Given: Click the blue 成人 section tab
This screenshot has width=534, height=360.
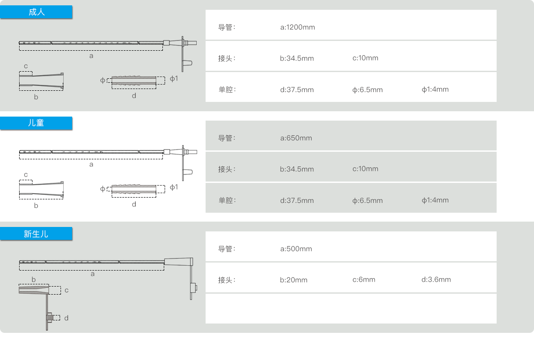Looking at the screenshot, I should pyautogui.click(x=36, y=12).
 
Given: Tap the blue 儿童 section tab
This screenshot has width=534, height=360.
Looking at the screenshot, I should pyautogui.click(x=36, y=123).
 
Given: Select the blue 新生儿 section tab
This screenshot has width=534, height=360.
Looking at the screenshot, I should pyautogui.click(x=36, y=234).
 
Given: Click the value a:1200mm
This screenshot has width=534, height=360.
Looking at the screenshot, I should pyautogui.click(x=297, y=27).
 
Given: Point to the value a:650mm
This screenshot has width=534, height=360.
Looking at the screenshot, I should pyautogui.click(x=296, y=138).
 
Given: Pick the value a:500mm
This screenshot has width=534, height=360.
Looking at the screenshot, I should pyautogui.click(x=296, y=249).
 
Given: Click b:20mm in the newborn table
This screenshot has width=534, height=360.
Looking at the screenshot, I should pyautogui.click(x=294, y=280).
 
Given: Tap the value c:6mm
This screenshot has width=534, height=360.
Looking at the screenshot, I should pyautogui.click(x=364, y=279).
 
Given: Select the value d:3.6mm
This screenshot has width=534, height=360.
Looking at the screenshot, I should pyautogui.click(x=436, y=279).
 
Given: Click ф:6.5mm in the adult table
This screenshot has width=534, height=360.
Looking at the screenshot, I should pyautogui.click(x=367, y=89).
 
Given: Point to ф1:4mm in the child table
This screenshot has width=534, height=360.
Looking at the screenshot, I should pyautogui.click(x=435, y=200).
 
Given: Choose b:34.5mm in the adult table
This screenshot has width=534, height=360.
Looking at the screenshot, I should pyautogui.click(x=297, y=58).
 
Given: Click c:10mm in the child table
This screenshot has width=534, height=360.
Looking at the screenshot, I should pyautogui.click(x=365, y=169).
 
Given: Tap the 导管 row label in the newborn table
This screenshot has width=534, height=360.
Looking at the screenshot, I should pyautogui.click(x=226, y=249).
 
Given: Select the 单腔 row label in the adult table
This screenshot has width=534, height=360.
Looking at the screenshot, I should pyautogui.click(x=226, y=89).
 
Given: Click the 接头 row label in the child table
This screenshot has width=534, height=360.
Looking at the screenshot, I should pyautogui.click(x=226, y=169).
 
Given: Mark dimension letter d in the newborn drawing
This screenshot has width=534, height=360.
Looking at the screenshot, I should pyautogui.click(x=66, y=318).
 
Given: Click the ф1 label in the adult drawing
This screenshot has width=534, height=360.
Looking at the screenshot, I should pyautogui.click(x=174, y=79).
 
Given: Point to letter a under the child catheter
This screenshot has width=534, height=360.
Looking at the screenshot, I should pyautogui.click(x=91, y=164).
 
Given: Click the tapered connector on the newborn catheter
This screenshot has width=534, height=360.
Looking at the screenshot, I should pyautogui.click(x=178, y=262).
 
